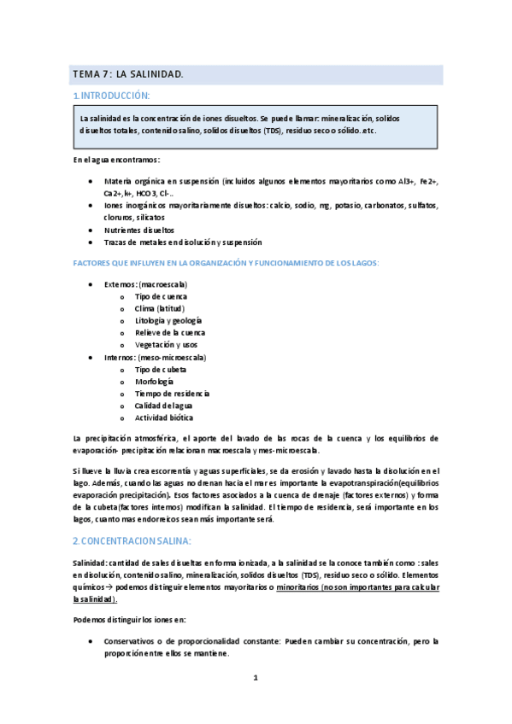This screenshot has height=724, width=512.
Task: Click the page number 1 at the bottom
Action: [255, 678]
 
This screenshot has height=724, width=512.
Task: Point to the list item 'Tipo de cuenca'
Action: [161, 296]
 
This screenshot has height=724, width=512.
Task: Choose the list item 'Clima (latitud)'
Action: [159, 308]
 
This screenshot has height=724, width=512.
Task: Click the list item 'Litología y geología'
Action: [168, 320]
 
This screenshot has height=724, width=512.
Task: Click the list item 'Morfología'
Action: [155, 381]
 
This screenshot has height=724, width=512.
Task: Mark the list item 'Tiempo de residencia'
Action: [172, 394]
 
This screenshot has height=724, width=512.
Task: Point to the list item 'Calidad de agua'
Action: [163, 406]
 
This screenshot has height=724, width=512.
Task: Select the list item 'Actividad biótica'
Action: [163, 417]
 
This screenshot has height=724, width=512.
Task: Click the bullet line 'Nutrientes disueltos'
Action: [138, 230]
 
